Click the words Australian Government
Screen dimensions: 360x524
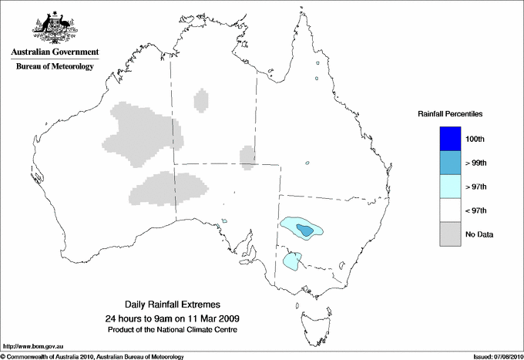(52, 52)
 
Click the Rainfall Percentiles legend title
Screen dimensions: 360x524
(450, 113)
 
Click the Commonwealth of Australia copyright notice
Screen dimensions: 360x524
(92, 356)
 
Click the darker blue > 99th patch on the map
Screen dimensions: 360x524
(306, 230)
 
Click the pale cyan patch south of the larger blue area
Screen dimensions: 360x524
(291, 261)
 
